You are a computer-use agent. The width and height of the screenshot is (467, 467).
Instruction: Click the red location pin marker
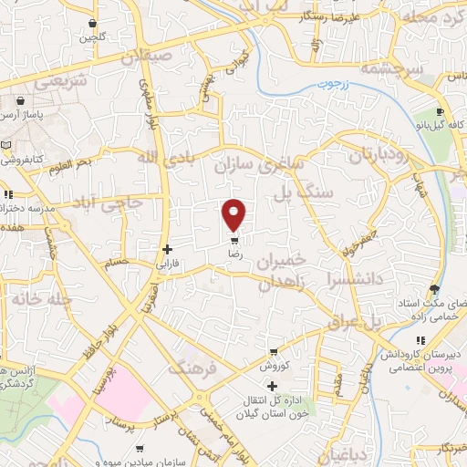point(234,214)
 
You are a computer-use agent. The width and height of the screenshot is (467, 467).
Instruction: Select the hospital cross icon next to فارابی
point(167,249)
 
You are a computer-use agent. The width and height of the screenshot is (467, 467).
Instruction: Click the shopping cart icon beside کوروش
point(273,352)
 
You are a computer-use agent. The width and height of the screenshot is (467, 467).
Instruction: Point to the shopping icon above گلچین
point(92,23)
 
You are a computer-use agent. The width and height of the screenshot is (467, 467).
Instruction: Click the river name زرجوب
point(337,90)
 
